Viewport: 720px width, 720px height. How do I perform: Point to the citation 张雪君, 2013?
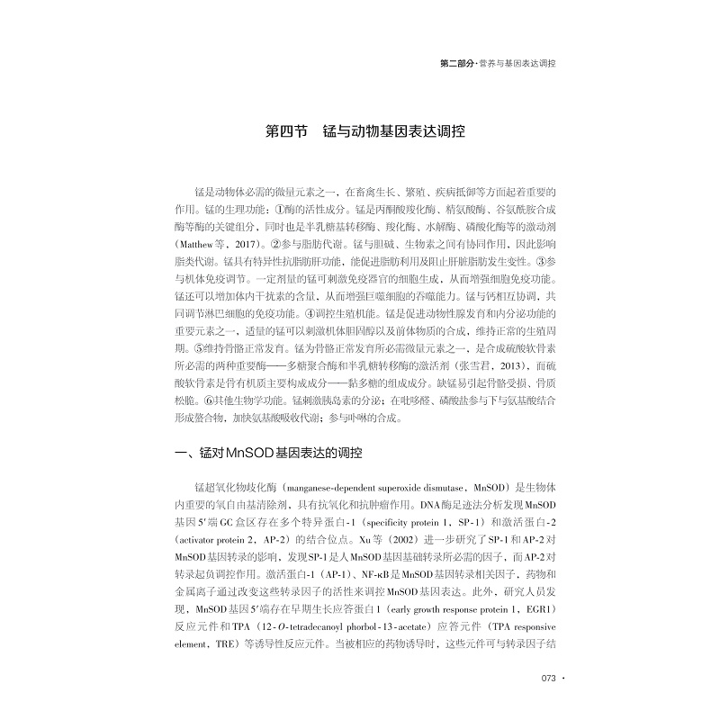495,366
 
